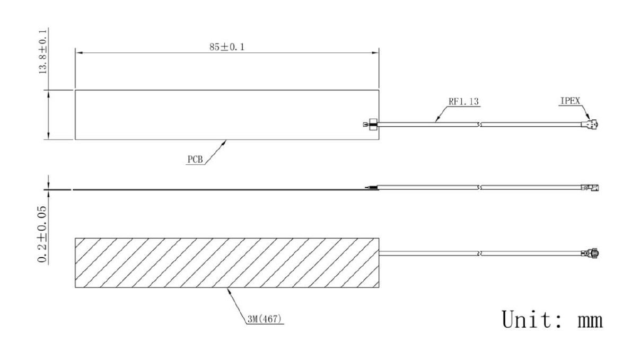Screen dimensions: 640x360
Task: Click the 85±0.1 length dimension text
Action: point(227,47)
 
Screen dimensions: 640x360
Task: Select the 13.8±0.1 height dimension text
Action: point(43,51)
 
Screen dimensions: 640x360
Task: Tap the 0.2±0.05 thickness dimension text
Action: point(42,234)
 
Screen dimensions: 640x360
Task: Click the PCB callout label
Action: point(195,160)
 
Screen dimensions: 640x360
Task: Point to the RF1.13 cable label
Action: point(463,101)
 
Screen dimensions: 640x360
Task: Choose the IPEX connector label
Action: point(570,101)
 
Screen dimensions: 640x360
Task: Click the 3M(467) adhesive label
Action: point(264,319)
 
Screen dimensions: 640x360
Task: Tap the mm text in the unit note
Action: point(590,321)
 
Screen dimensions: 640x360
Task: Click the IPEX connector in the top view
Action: point(590,124)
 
